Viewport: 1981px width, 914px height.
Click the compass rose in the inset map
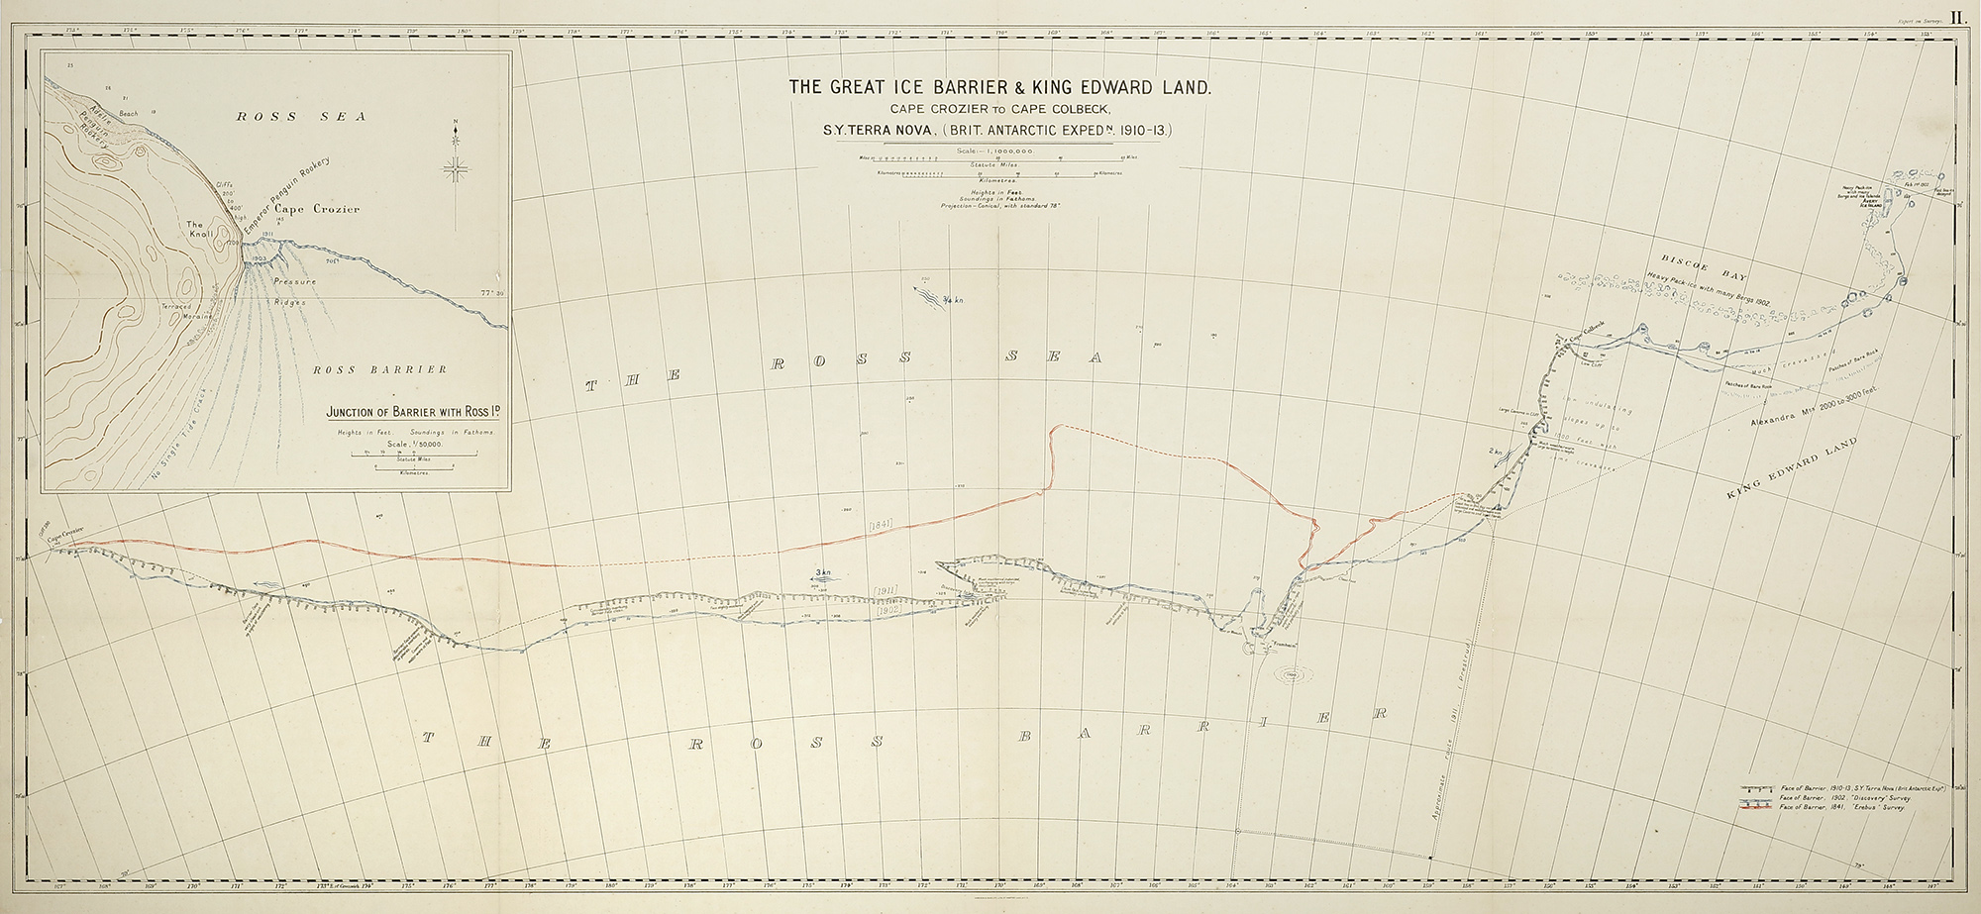457,170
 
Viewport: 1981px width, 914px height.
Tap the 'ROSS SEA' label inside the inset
300,117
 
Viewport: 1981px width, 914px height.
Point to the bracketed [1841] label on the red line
881,522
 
